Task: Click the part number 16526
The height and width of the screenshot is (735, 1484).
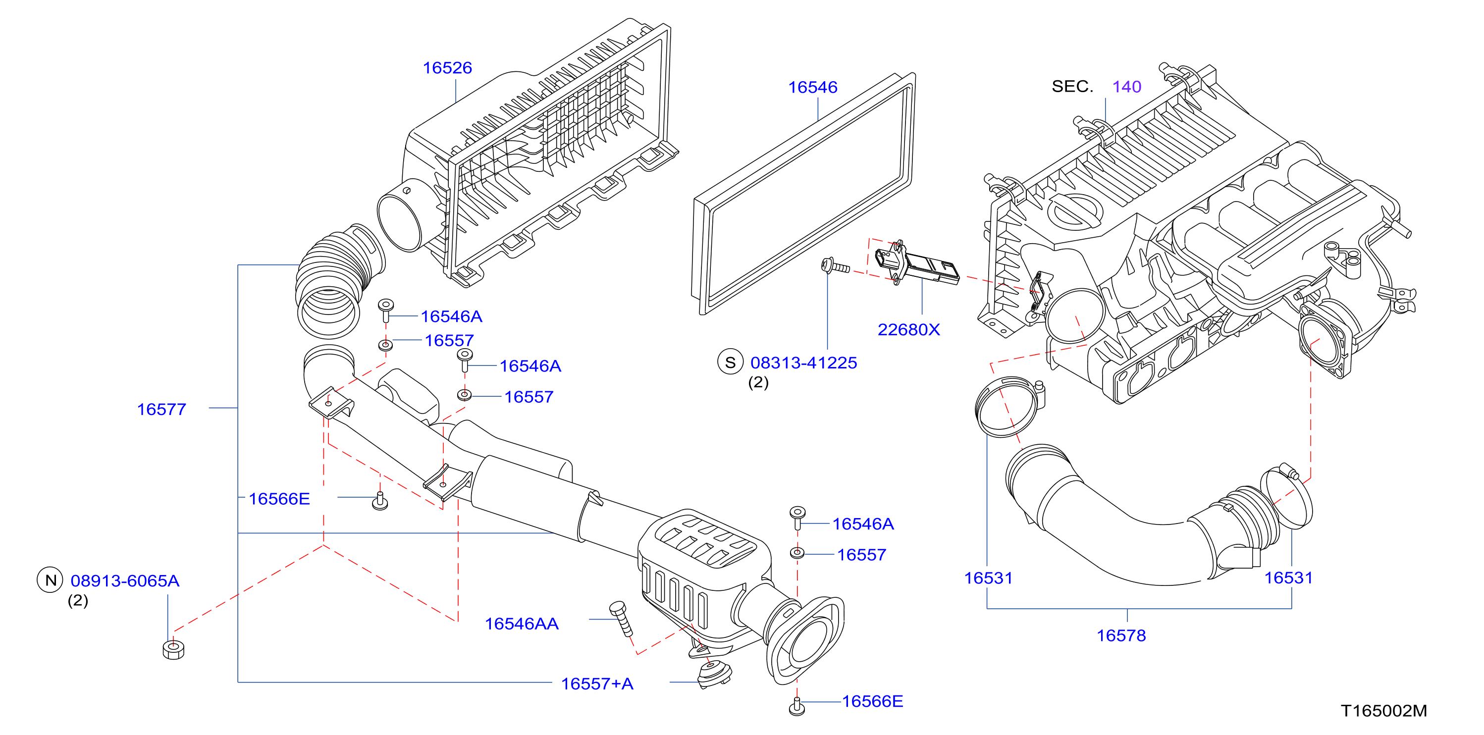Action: click(447, 68)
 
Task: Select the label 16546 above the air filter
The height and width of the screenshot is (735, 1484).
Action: click(812, 88)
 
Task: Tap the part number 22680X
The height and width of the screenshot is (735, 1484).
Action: click(908, 329)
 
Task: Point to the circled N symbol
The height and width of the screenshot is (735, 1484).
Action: click(50, 580)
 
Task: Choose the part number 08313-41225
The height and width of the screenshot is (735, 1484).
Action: click(803, 363)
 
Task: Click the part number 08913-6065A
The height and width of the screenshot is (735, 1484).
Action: click(125, 580)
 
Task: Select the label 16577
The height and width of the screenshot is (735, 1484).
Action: click(161, 410)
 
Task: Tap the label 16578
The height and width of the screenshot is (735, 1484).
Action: click(1121, 636)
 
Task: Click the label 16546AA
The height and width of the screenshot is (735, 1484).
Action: click(522, 624)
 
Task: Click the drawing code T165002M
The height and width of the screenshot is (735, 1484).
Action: click(1384, 711)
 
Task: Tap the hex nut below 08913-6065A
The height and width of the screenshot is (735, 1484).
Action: click(173, 649)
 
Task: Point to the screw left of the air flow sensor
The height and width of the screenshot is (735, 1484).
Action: click(835, 266)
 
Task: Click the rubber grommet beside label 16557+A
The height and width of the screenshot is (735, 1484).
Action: click(714, 675)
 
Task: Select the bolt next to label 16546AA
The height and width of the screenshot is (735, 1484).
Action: click(621, 619)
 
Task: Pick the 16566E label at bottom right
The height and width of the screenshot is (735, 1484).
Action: click(872, 702)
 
